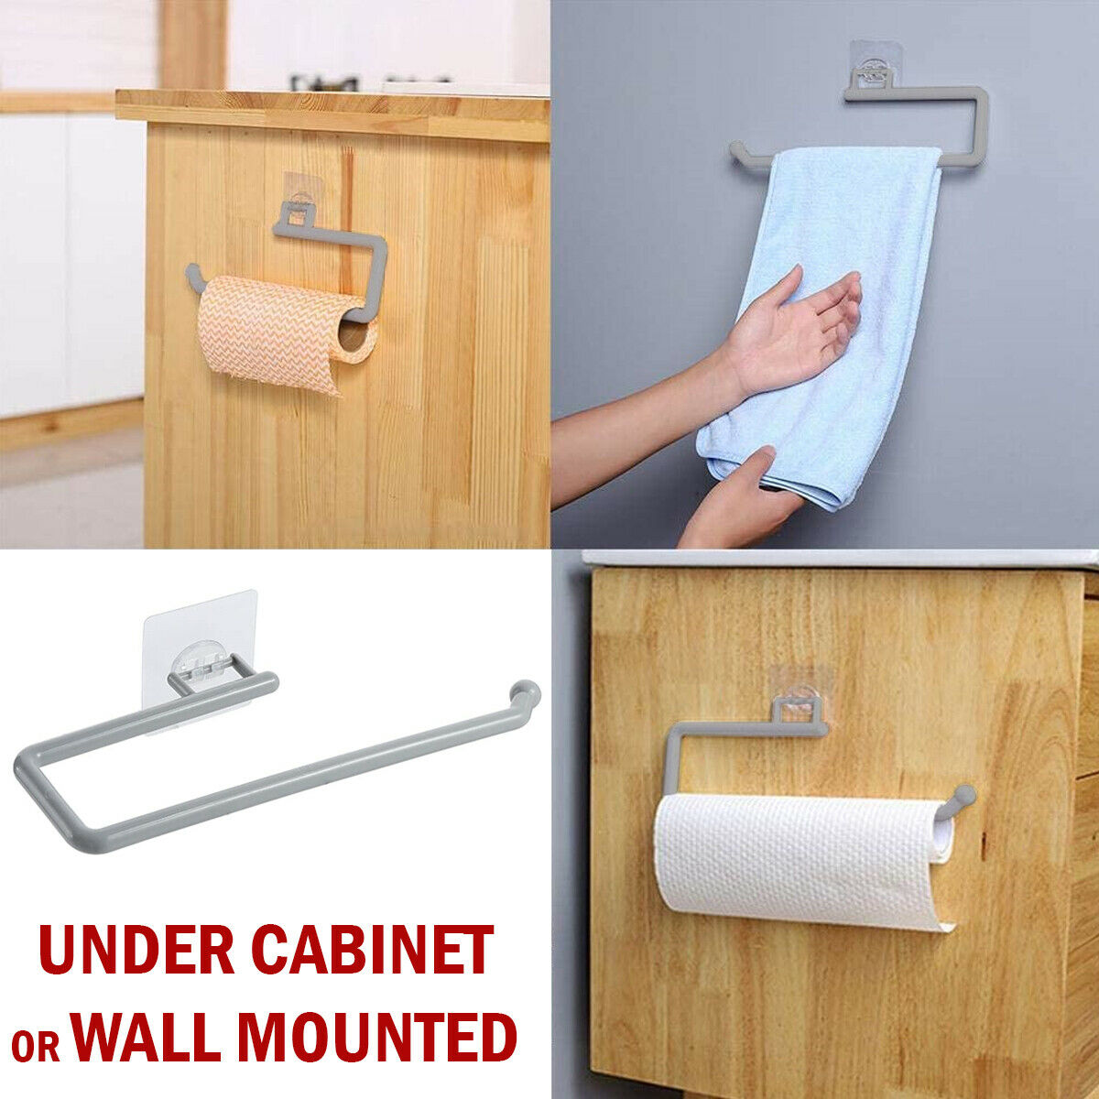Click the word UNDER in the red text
click(136, 951)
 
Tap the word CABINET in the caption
click(372, 951)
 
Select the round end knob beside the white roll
click(962, 794)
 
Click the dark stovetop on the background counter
click(325, 83)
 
